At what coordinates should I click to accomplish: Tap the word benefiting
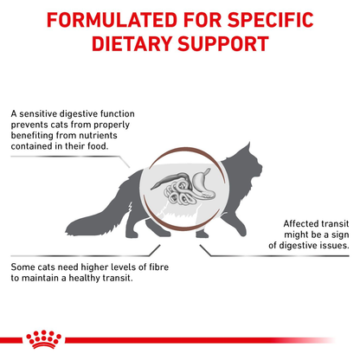[x=35, y=136]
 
